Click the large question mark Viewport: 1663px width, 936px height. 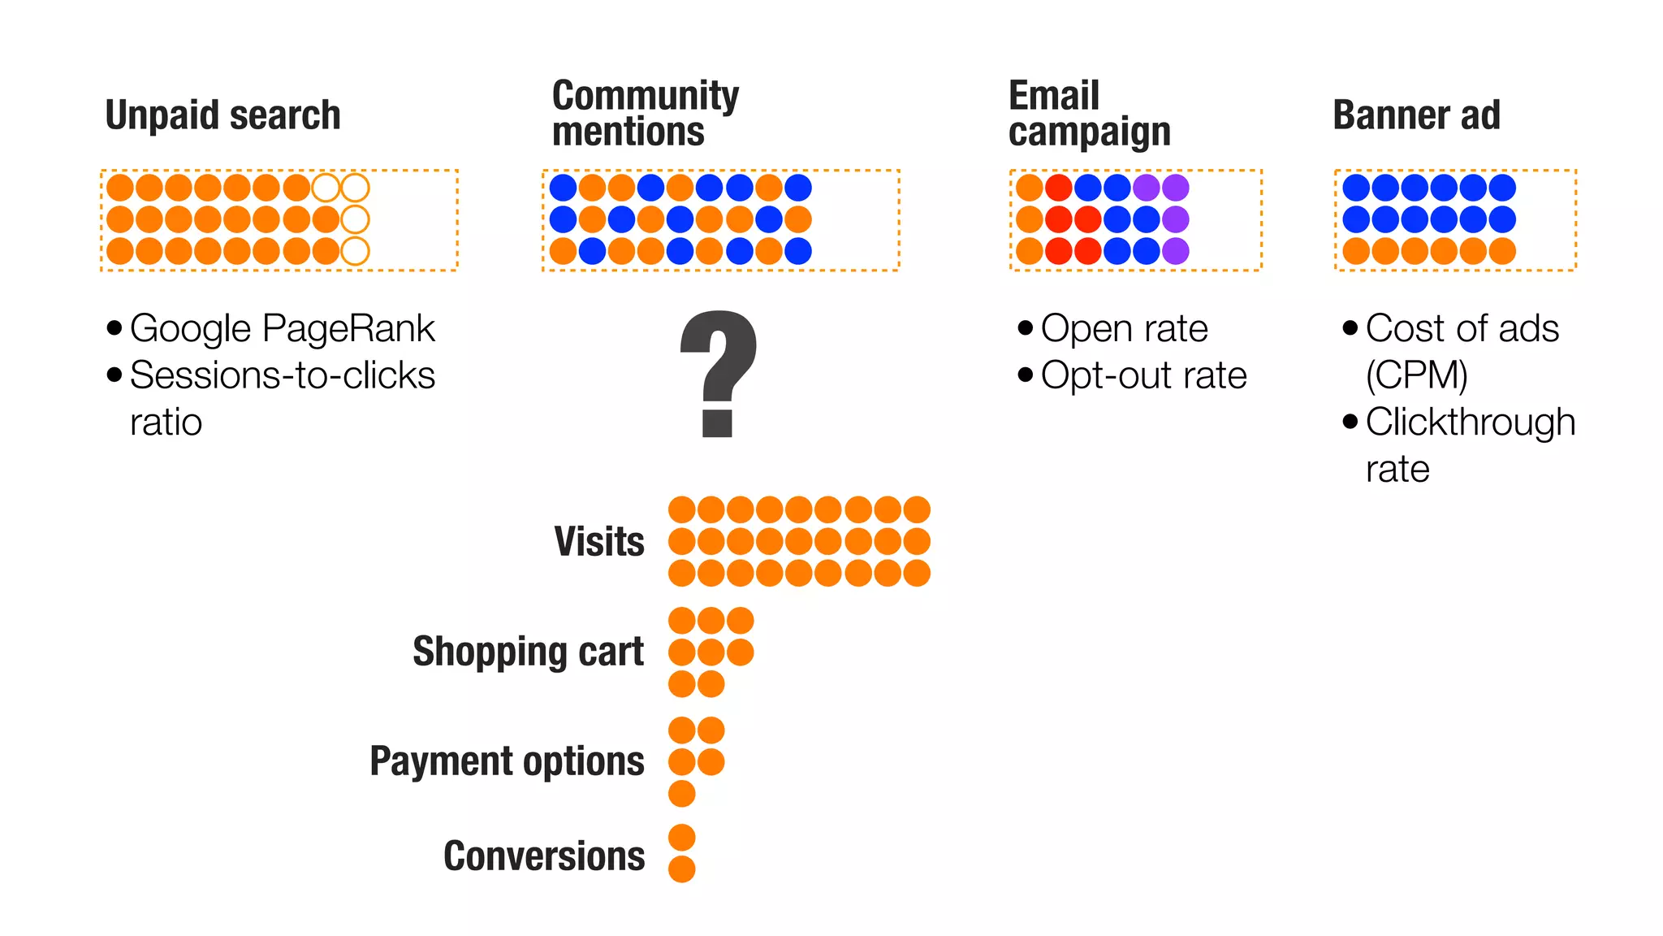tap(718, 374)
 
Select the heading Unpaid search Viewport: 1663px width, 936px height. tap(222, 115)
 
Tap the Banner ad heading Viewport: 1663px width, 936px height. tap(1416, 115)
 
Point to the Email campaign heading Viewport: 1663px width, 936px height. tap(1089, 114)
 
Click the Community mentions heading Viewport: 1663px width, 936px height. tap(645, 114)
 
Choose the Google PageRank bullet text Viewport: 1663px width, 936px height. tap(282, 328)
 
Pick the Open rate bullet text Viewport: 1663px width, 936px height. tap(1124, 328)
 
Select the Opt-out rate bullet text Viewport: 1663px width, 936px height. tap(1143, 375)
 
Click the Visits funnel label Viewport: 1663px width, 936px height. tap(599, 541)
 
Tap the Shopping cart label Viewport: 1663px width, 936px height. tap(528, 652)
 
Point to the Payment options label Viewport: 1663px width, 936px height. tap(507, 761)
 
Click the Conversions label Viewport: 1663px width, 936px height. tap(544, 856)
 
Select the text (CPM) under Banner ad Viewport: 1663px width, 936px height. tap(1417, 375)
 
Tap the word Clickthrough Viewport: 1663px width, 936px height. tap(1470, 422)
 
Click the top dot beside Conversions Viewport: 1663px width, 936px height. tap(682, 838)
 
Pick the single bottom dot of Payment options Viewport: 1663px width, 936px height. tap(682, 793)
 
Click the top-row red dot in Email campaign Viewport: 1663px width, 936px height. tap(1058, 188)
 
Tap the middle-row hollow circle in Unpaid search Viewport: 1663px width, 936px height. tap(355, 219)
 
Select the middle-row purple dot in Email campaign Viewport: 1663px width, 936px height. tap(1175, 219)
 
